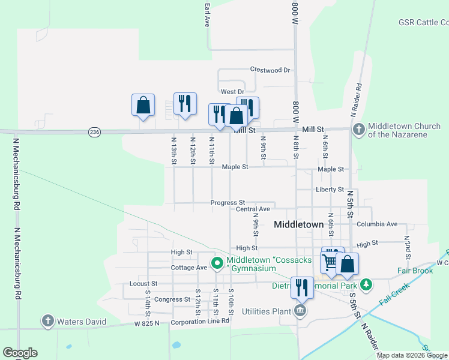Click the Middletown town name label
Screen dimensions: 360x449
(x=298, y=224)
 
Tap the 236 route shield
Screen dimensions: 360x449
(x=94, y=131)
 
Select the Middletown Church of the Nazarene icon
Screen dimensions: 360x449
(x=358, y=129)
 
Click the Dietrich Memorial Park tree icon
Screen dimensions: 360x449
(x=366, y=284)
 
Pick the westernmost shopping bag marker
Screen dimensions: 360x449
(x=143, y=106)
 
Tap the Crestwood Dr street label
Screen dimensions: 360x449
(x=270, y=70)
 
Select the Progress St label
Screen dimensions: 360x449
(x=228, y=203)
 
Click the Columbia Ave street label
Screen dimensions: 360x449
(x=376, y=224)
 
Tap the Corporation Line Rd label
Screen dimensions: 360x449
(x=200, y=321)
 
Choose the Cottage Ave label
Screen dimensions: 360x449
(x=189, y=268)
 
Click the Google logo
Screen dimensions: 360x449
(x=20, y=353)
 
